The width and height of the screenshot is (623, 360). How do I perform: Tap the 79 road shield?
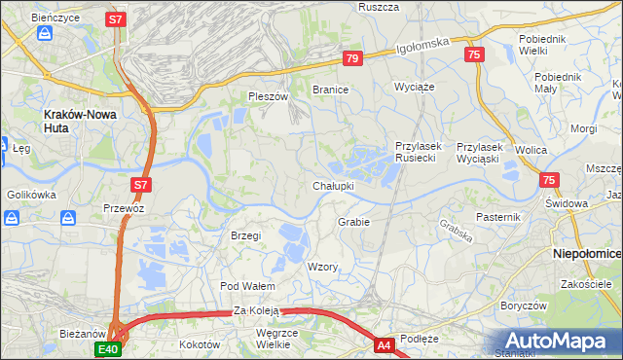pos(352,59)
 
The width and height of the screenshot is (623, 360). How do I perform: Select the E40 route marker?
pos(107,347)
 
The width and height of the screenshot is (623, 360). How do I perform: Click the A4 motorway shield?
pos(385,344)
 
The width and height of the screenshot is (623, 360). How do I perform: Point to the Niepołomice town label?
pos(586,252)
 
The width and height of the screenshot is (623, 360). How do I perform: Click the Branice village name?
pos(330,90)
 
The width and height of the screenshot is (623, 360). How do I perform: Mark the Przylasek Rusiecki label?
pos(420,153)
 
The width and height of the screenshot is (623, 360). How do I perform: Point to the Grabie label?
pos(353,222)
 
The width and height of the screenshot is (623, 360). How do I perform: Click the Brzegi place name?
pos(246,235)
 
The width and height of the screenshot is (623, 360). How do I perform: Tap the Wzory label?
pos(322,267)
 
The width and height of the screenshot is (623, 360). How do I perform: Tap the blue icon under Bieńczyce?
pos(45,34)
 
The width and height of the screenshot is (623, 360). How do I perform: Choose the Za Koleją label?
pos(256,310)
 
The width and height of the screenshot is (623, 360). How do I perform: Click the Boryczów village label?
pos(522,305)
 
